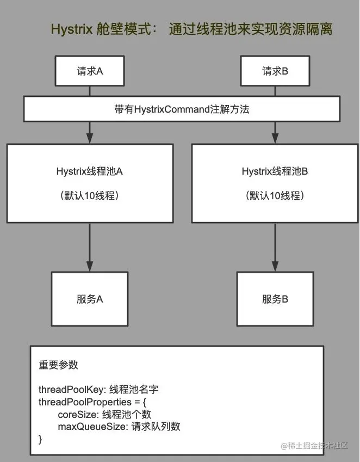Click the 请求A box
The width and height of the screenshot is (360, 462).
click(90, 71)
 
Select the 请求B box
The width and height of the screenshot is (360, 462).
click(275, 71)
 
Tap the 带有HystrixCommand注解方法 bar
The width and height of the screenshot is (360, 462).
click(182, 109)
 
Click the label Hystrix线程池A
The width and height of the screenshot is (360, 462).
click(90, 171)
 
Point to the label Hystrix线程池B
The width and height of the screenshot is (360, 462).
click(275, 171)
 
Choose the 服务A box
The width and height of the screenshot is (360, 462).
click(90, 299)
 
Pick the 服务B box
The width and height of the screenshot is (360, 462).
click(275, 299)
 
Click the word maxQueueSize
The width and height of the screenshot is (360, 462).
click(92, 426)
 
